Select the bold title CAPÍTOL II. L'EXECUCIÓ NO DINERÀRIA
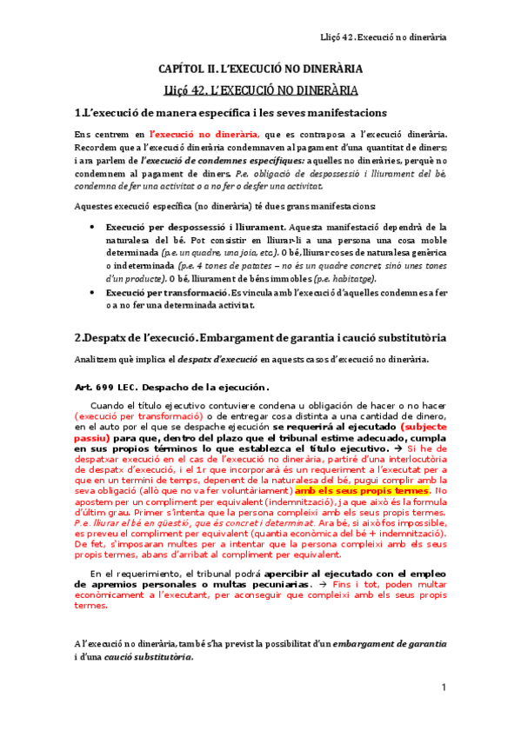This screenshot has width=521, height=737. pos(260,68)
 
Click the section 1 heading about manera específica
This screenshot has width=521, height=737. pos(230,114)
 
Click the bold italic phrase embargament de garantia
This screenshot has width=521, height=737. pos(391,644)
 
